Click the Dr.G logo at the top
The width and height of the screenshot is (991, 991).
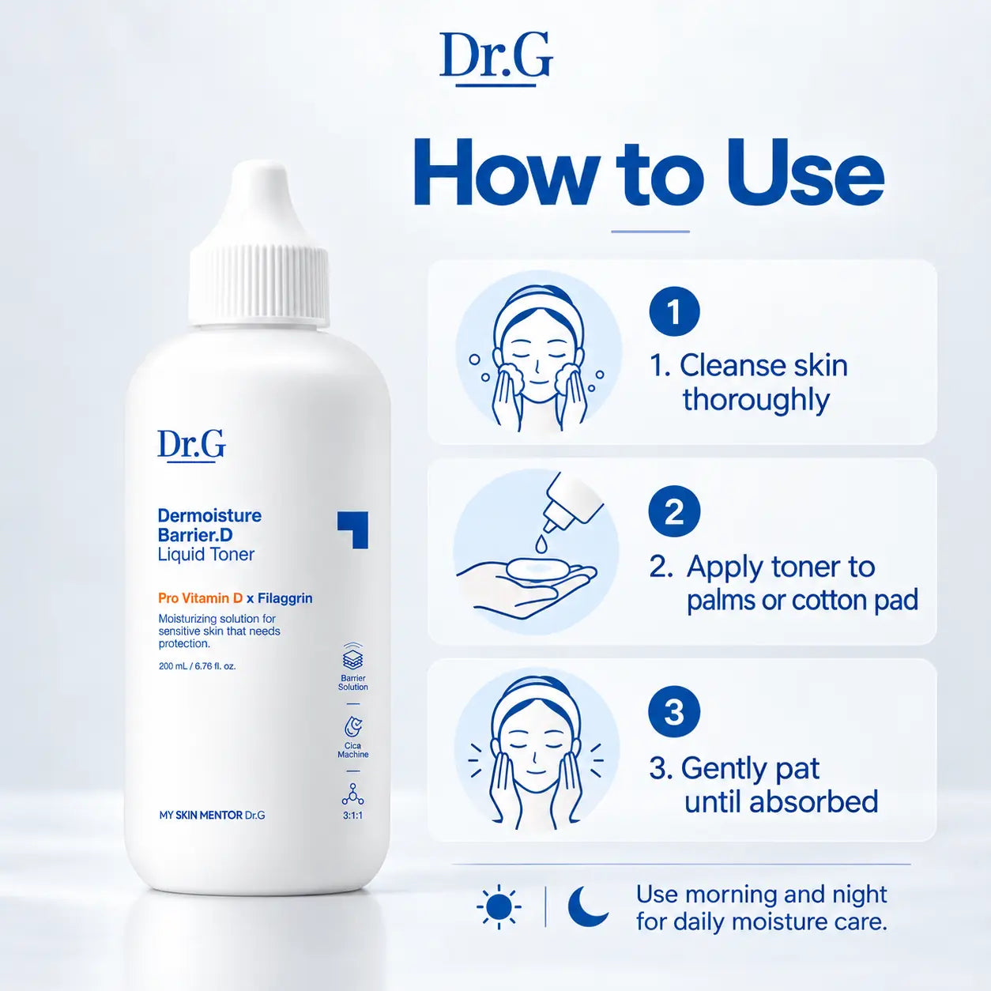(495, 59)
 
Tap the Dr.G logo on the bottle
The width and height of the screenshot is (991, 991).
(191, 446)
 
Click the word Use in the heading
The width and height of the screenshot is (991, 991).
(804, 173)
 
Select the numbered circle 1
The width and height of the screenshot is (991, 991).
(674, 311)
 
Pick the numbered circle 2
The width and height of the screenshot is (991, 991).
(674, 511)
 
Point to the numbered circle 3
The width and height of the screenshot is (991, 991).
(674, 712)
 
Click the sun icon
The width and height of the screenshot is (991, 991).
(499, 906)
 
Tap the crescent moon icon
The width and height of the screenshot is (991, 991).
(587, 906)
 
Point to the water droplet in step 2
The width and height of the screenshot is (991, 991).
(541, 543)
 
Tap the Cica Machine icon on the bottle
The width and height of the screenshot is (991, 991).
(352, 727)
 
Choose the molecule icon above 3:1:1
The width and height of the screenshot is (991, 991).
(352, 794)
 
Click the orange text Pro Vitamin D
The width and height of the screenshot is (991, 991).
(200, 598)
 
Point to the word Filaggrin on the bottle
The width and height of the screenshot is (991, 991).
(285, 598)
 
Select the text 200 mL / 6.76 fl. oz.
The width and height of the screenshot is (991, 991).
(198, 666)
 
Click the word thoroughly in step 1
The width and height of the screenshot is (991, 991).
(756, 400)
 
